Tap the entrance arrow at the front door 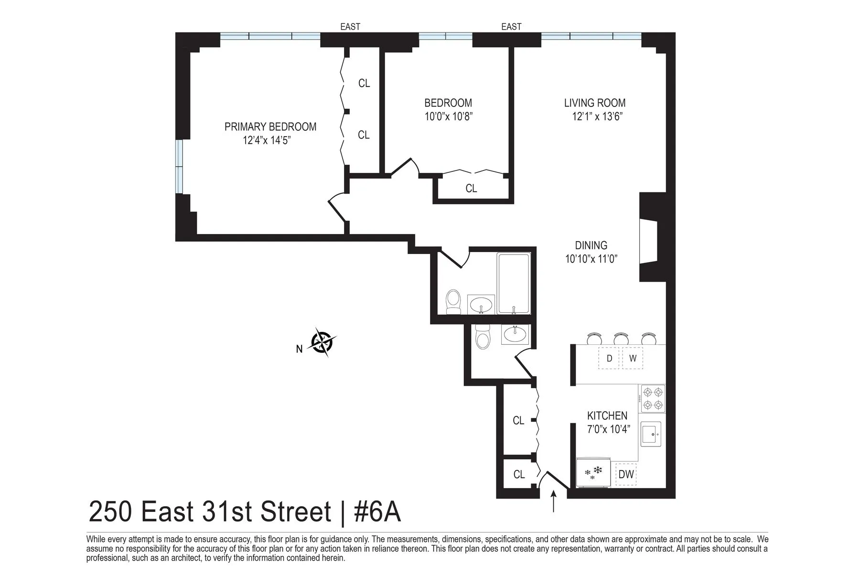(x=554, y=502)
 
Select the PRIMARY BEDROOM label (x=270, y=127)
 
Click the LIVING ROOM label (x=595, y=103)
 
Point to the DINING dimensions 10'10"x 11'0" (x=591, y=259)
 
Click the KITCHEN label (x=607, y=416)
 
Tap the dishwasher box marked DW (x=626, y=474)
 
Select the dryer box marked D (x=609, y=359)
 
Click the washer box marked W (x=633, y=359)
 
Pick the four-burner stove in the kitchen (x=652, y=399)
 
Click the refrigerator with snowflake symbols (x=593, y=473)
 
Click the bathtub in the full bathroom (x=514, y=283)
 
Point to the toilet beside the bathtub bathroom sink (x=453, y=302)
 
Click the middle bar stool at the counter (x=621, y=339)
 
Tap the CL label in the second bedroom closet (x=471, y=189)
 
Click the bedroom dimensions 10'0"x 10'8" (x=448, y=117)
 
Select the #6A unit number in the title (x=377, y=512)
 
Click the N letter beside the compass (x=299, y=350)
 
